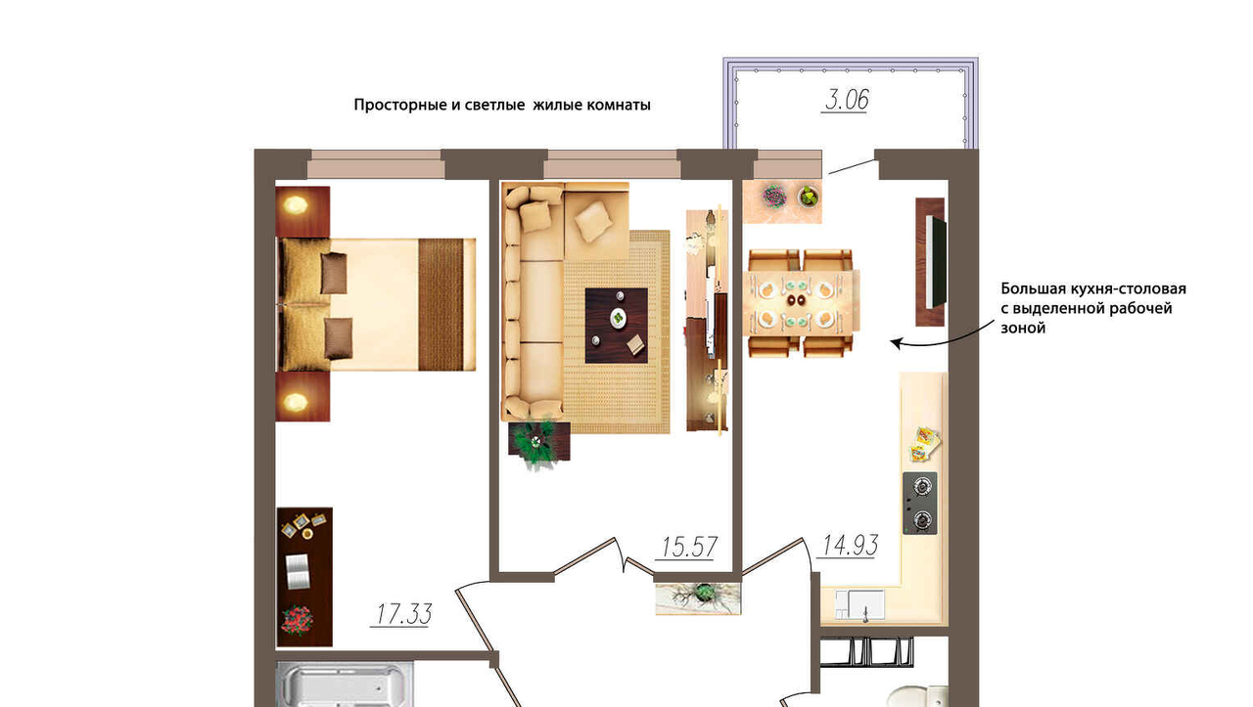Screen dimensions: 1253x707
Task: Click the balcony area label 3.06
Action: click(x=847, y=100)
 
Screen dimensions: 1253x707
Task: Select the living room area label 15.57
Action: click(x=688, y=548)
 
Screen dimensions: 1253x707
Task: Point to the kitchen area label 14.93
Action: click(x=850, y=545)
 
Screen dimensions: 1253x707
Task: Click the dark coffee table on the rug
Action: click(x=617, y=326)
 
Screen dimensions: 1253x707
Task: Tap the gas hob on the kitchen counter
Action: click(x=920, y=503)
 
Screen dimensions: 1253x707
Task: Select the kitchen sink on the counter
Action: click(x=860, y=604)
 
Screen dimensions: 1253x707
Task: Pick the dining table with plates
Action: click(x=801, y=302)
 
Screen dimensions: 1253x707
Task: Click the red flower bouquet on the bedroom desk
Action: click(x=297, y=620)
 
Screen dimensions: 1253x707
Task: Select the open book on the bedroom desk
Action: click(x=298, y=571)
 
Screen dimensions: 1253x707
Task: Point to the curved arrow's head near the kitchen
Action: click(x=896, y=342)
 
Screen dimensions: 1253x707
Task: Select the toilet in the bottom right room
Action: click(x=917, y=696)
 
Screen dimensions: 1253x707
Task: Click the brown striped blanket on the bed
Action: click(x=441, y=304)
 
